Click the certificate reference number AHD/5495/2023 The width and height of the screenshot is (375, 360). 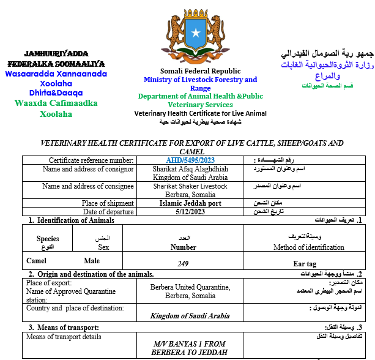click(x=190, y=160)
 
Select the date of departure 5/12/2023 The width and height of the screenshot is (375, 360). click(x=190, y=212)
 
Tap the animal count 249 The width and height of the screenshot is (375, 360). click(x=183, y=263)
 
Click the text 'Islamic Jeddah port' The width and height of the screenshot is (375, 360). click(x=190, y=203)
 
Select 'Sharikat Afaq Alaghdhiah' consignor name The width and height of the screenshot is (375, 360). click(x=190, y=169)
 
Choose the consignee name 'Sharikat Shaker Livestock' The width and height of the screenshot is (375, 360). click(x=190, y=186)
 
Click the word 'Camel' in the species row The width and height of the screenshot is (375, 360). click(x=37, y=261)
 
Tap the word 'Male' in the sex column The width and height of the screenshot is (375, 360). click(x=92, y=261)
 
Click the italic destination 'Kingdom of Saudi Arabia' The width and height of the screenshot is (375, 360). click(x=190, y=316)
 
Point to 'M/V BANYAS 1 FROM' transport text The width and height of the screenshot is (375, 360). click(x=190, y=344)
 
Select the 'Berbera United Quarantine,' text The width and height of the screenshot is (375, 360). click(x=190, y=287)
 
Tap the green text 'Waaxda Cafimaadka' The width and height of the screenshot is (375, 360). click(x=56, y=103)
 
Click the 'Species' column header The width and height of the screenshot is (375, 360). click(x=48, y=239)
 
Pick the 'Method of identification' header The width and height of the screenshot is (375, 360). click(x=308, y=247)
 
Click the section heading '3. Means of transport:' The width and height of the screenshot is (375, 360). click(x=64, y=328)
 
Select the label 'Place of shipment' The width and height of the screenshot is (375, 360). click(x=108, y=203)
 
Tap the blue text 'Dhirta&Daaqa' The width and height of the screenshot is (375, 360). click(x=56, y=92)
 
